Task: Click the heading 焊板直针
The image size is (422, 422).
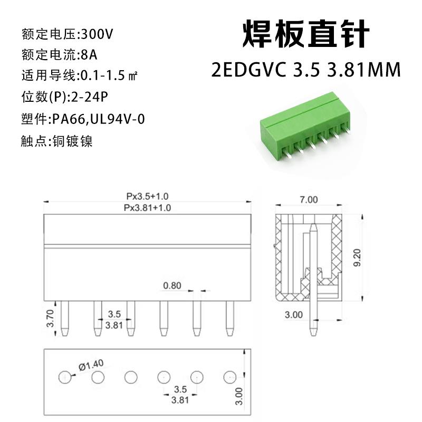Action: pos(305,36)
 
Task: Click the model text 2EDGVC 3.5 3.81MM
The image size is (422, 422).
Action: pos(305,69)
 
